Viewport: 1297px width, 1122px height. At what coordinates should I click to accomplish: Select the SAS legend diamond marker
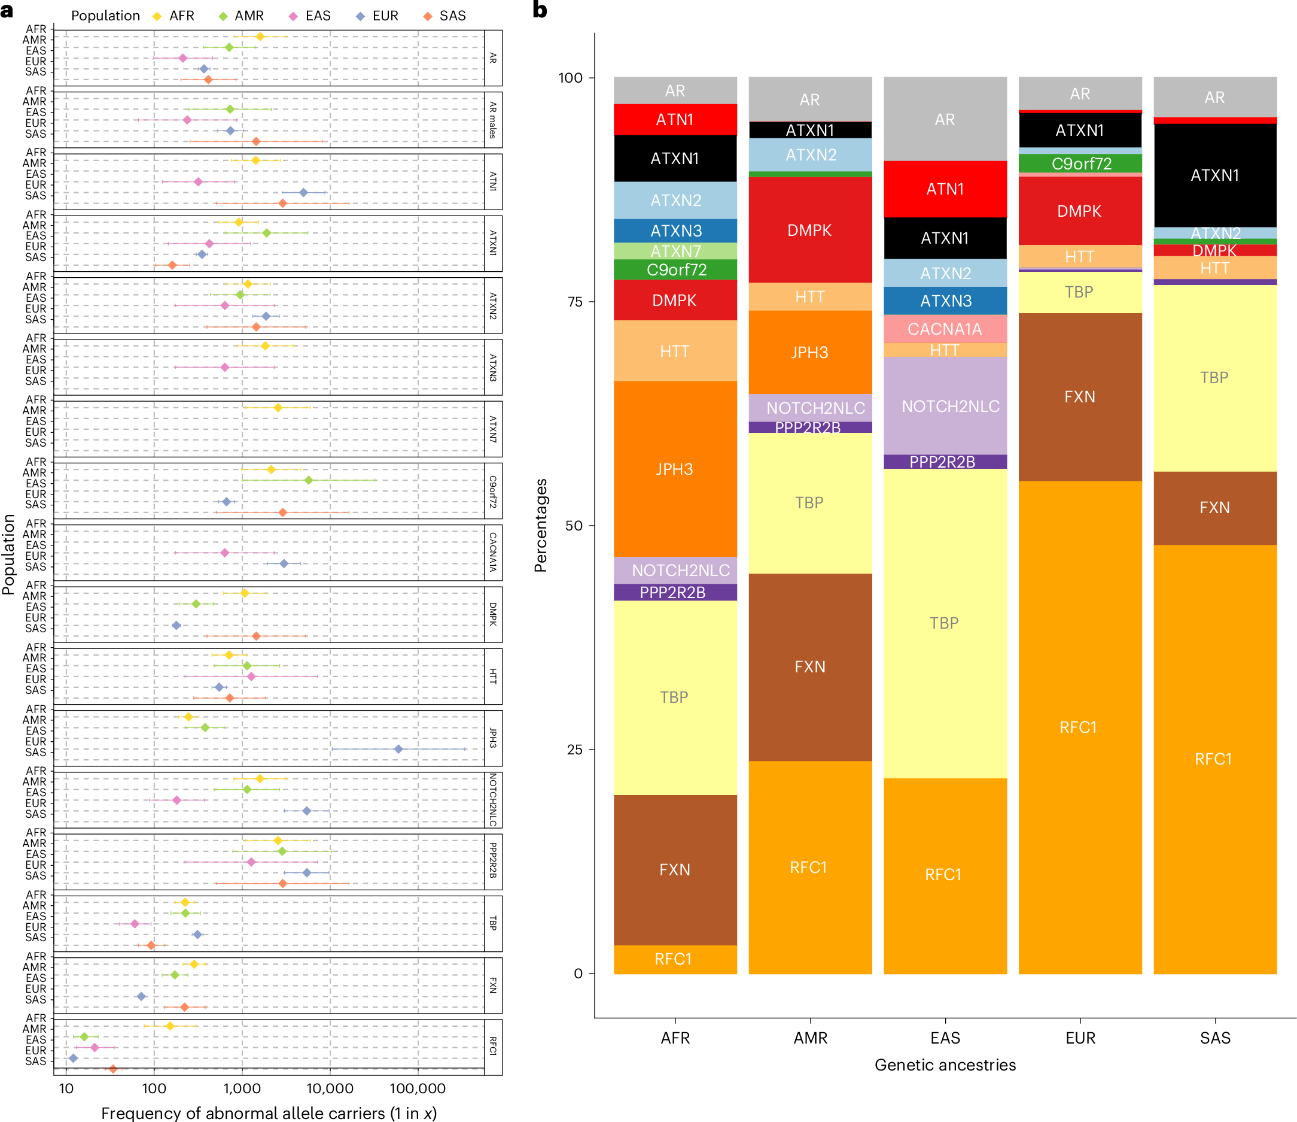point(428,16)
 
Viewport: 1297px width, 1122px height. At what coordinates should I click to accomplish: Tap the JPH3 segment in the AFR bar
point(675,469)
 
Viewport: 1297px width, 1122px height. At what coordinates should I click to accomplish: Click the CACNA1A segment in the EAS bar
point(945,329)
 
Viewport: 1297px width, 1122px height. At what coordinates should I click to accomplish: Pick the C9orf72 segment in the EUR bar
point(1080,163)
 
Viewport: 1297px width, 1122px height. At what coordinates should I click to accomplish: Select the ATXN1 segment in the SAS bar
point(1214,175)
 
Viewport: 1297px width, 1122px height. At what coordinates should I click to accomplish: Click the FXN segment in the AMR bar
point(810,666)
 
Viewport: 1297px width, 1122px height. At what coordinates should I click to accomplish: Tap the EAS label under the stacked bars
point(945,1038)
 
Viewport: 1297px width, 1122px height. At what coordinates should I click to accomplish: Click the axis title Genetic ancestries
point(945,1065)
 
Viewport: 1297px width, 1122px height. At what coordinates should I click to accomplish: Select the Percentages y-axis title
point(540,525)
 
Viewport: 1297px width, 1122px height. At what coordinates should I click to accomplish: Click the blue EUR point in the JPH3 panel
point(398,749)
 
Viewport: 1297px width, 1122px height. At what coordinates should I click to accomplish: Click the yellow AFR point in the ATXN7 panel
point(278,408)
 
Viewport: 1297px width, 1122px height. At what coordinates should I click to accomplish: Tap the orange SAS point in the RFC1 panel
point(112,1069)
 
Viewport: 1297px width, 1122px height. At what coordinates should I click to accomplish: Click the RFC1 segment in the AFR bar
point(675,959)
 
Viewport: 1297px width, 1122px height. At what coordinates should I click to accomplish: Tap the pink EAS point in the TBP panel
point(135,924)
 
